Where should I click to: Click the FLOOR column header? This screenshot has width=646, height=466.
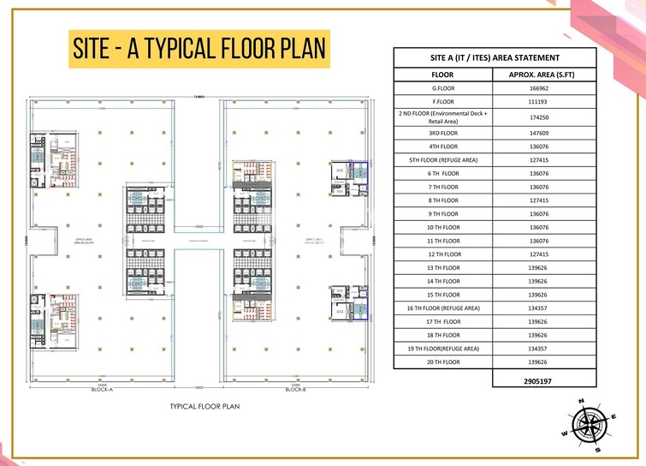(442, 75)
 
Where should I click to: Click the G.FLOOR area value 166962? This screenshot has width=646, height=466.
(538, 88)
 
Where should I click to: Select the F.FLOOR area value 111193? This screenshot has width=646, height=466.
(538, 102)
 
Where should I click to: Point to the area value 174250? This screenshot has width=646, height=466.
(538, 116)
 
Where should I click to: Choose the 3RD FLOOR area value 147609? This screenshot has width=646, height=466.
(538, 133)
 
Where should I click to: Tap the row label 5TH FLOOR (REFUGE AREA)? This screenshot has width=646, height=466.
(443, 159)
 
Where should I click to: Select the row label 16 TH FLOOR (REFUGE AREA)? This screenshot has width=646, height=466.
(443, 308)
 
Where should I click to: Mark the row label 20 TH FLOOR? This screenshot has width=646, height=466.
(443, 362)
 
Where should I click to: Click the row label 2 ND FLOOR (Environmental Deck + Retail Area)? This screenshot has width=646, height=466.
(443, 116)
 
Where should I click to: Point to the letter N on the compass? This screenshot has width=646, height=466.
(581, 402)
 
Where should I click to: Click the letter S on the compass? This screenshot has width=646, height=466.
(598, 449)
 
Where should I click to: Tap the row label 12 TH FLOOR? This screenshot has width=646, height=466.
(443, 254)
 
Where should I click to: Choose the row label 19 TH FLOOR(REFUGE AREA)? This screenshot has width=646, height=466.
(443, 349)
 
